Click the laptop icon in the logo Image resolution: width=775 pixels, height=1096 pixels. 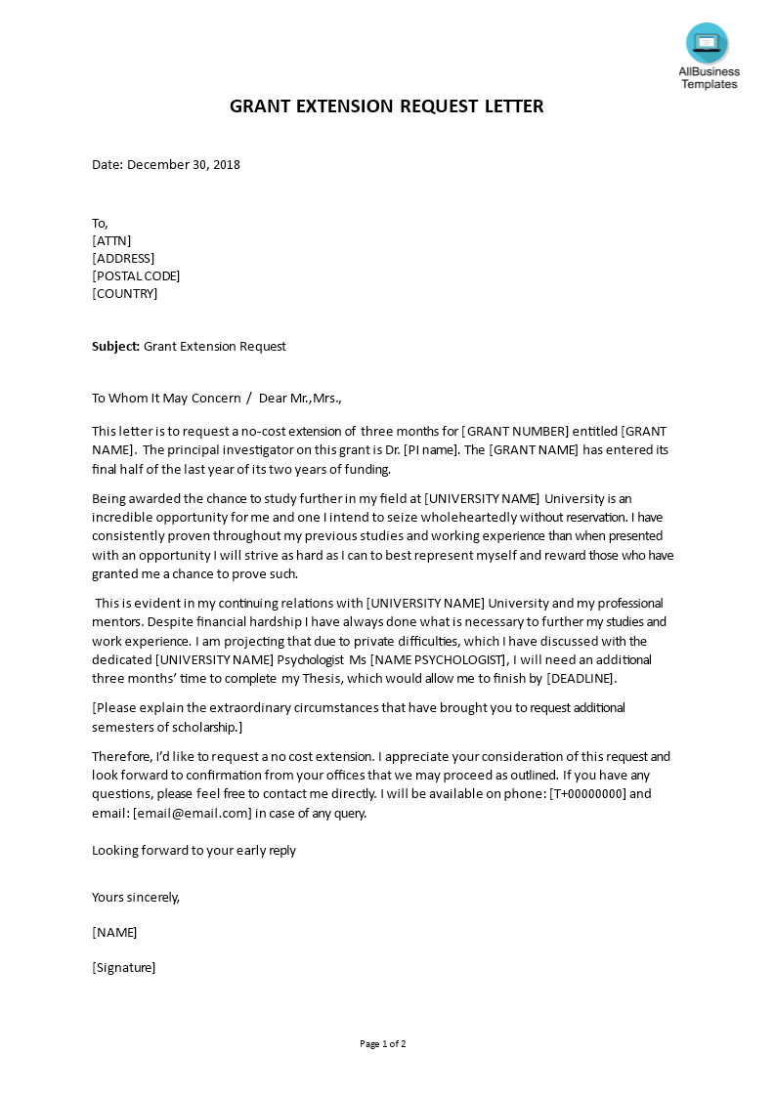(x=707, y=43)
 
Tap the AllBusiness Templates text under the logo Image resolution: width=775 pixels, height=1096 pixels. (x=710, y=78)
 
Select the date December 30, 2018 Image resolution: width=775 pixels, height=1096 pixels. (x=184, y=165)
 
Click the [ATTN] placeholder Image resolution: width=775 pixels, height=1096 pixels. (x=111, y=241)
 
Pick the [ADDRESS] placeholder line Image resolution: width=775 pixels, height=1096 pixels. (x=123, y=259)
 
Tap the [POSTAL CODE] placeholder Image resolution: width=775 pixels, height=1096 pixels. (x=136, y=276)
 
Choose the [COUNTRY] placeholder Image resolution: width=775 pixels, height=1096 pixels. (x=124, y=294)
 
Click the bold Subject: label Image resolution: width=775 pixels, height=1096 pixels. (x=116, y=347)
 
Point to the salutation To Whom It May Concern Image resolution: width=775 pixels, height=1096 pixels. (x=166, y=399)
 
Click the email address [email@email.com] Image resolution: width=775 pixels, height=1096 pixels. (x=193, y=813)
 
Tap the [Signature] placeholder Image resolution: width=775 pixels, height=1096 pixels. (x=124, y=968)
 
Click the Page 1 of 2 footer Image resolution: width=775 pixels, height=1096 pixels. (x=383, y=1044)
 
